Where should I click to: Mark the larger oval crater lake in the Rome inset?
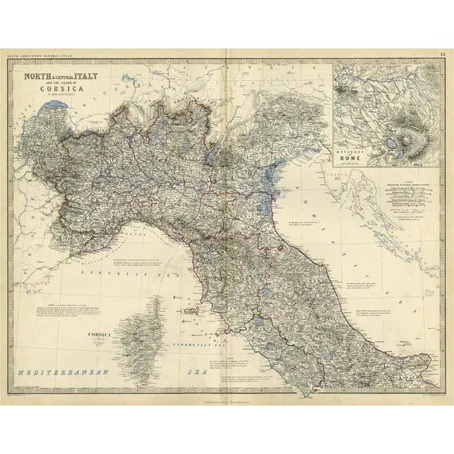pos(393,143)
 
